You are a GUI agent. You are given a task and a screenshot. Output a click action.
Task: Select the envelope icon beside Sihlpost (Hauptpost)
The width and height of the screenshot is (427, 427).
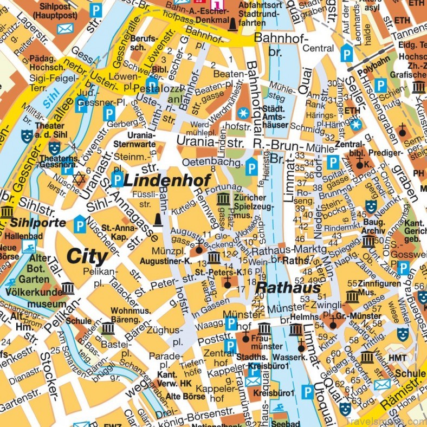click(65, 29)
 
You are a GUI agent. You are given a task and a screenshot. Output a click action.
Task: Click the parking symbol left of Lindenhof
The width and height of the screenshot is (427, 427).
click(117, 180)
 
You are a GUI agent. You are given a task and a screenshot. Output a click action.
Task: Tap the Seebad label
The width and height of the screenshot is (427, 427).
click(270, 423)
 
